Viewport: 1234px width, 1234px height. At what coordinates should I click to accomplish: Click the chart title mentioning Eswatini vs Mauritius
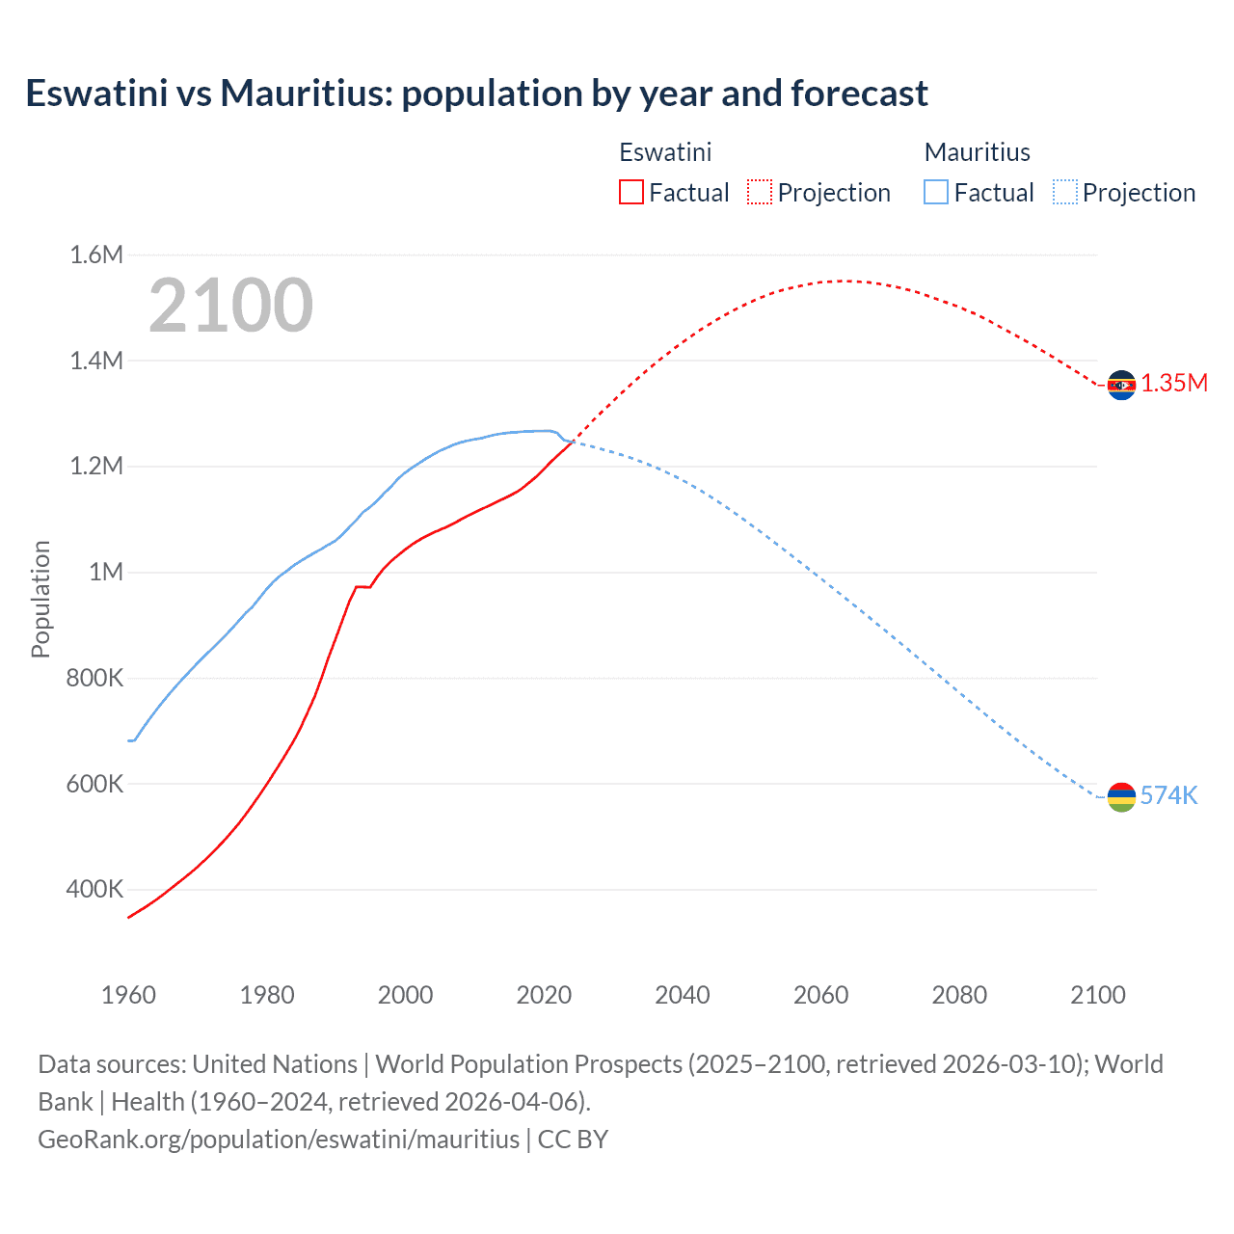(x=476, y=94)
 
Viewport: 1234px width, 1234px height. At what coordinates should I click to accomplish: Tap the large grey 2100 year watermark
(x=230, y=306)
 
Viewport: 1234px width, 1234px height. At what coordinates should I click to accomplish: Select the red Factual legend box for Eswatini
(x=631, y=193)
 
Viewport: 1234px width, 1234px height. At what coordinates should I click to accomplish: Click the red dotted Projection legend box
(x=760, y=193)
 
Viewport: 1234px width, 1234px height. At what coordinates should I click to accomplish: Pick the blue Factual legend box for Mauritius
(x=936, y=193)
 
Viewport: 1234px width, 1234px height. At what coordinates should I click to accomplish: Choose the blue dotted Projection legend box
(x=1064, y=193)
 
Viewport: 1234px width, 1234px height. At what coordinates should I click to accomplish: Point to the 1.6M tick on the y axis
(x=96, y=255)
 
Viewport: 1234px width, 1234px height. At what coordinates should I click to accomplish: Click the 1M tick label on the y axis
(x=106, y=573)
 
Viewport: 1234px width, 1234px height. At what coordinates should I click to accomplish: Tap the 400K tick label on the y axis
(x=94, y=890)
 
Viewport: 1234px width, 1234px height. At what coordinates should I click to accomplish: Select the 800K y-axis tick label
(x=94, y=679)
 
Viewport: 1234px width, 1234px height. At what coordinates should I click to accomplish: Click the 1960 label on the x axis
(x=128, y=996)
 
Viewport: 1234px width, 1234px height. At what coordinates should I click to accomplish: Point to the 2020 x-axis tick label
(x=544, y=996)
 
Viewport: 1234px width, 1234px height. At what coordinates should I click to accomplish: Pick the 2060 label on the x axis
(x=820, y=996)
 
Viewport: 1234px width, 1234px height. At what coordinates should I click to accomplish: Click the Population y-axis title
(x=40, y=599)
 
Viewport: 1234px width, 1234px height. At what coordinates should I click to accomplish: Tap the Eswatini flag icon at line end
(x=1121, y=385)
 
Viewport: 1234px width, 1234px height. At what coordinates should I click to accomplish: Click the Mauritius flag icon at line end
(x=1121, y=797)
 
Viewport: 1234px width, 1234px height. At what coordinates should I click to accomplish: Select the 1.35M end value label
(x=1174, y=384)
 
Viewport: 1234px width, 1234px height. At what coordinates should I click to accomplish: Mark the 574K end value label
(x=1168, y=796)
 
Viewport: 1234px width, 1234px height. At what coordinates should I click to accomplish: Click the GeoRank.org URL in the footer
(x=279, y=1140)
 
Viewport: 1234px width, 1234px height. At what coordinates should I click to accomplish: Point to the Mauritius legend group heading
(x=977, y=152)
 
